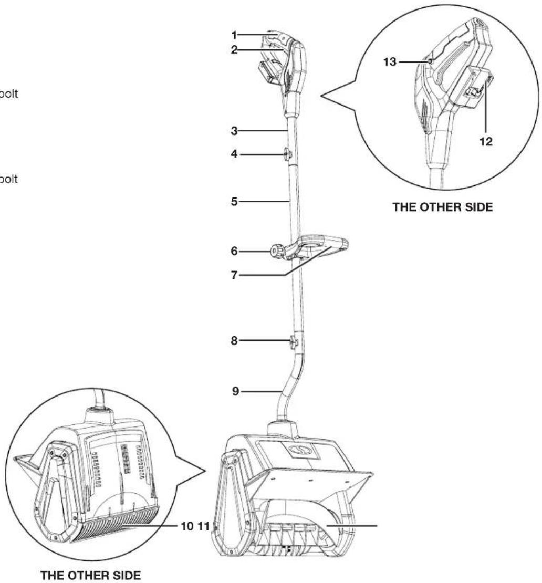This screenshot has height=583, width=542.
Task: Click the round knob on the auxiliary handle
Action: (x=276, y=251)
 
